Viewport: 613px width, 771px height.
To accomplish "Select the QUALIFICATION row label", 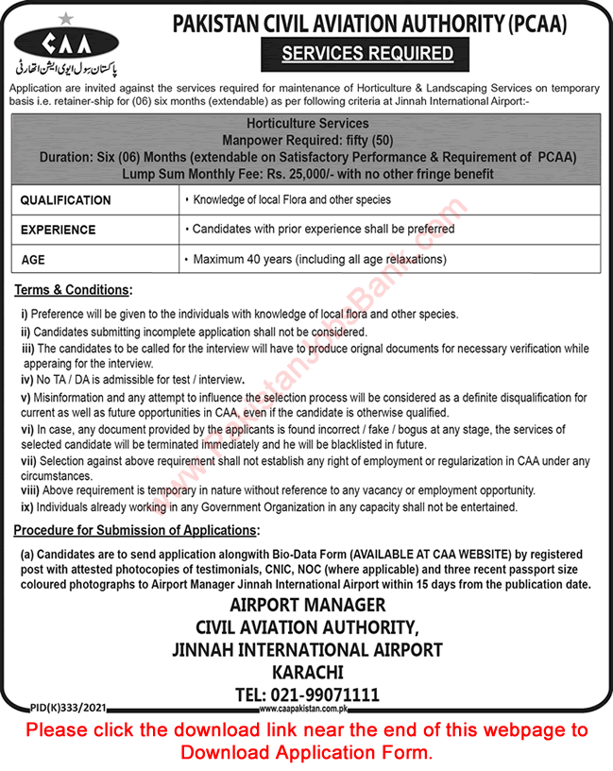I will pos(65,200).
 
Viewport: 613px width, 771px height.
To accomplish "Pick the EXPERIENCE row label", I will pos(58,230).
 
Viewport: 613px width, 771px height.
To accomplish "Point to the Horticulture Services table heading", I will pos(306,124).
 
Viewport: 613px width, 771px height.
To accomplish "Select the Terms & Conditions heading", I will pos(73,290).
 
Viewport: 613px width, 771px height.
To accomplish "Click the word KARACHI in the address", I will pos(306,672).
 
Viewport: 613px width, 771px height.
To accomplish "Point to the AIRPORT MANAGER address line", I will pos(306,605).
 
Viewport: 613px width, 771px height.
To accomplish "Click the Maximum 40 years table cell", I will pos(317,259).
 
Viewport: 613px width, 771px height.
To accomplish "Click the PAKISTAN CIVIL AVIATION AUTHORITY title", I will pos(368,26).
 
